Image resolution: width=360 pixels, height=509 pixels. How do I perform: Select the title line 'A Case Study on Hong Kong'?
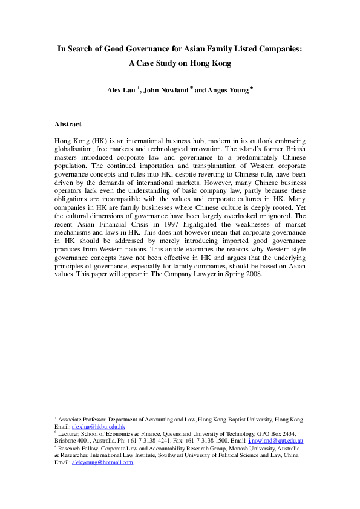(180, 63)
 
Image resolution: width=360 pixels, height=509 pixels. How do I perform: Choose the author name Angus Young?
(230, 90)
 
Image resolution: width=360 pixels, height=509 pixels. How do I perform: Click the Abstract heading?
(68, 124)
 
